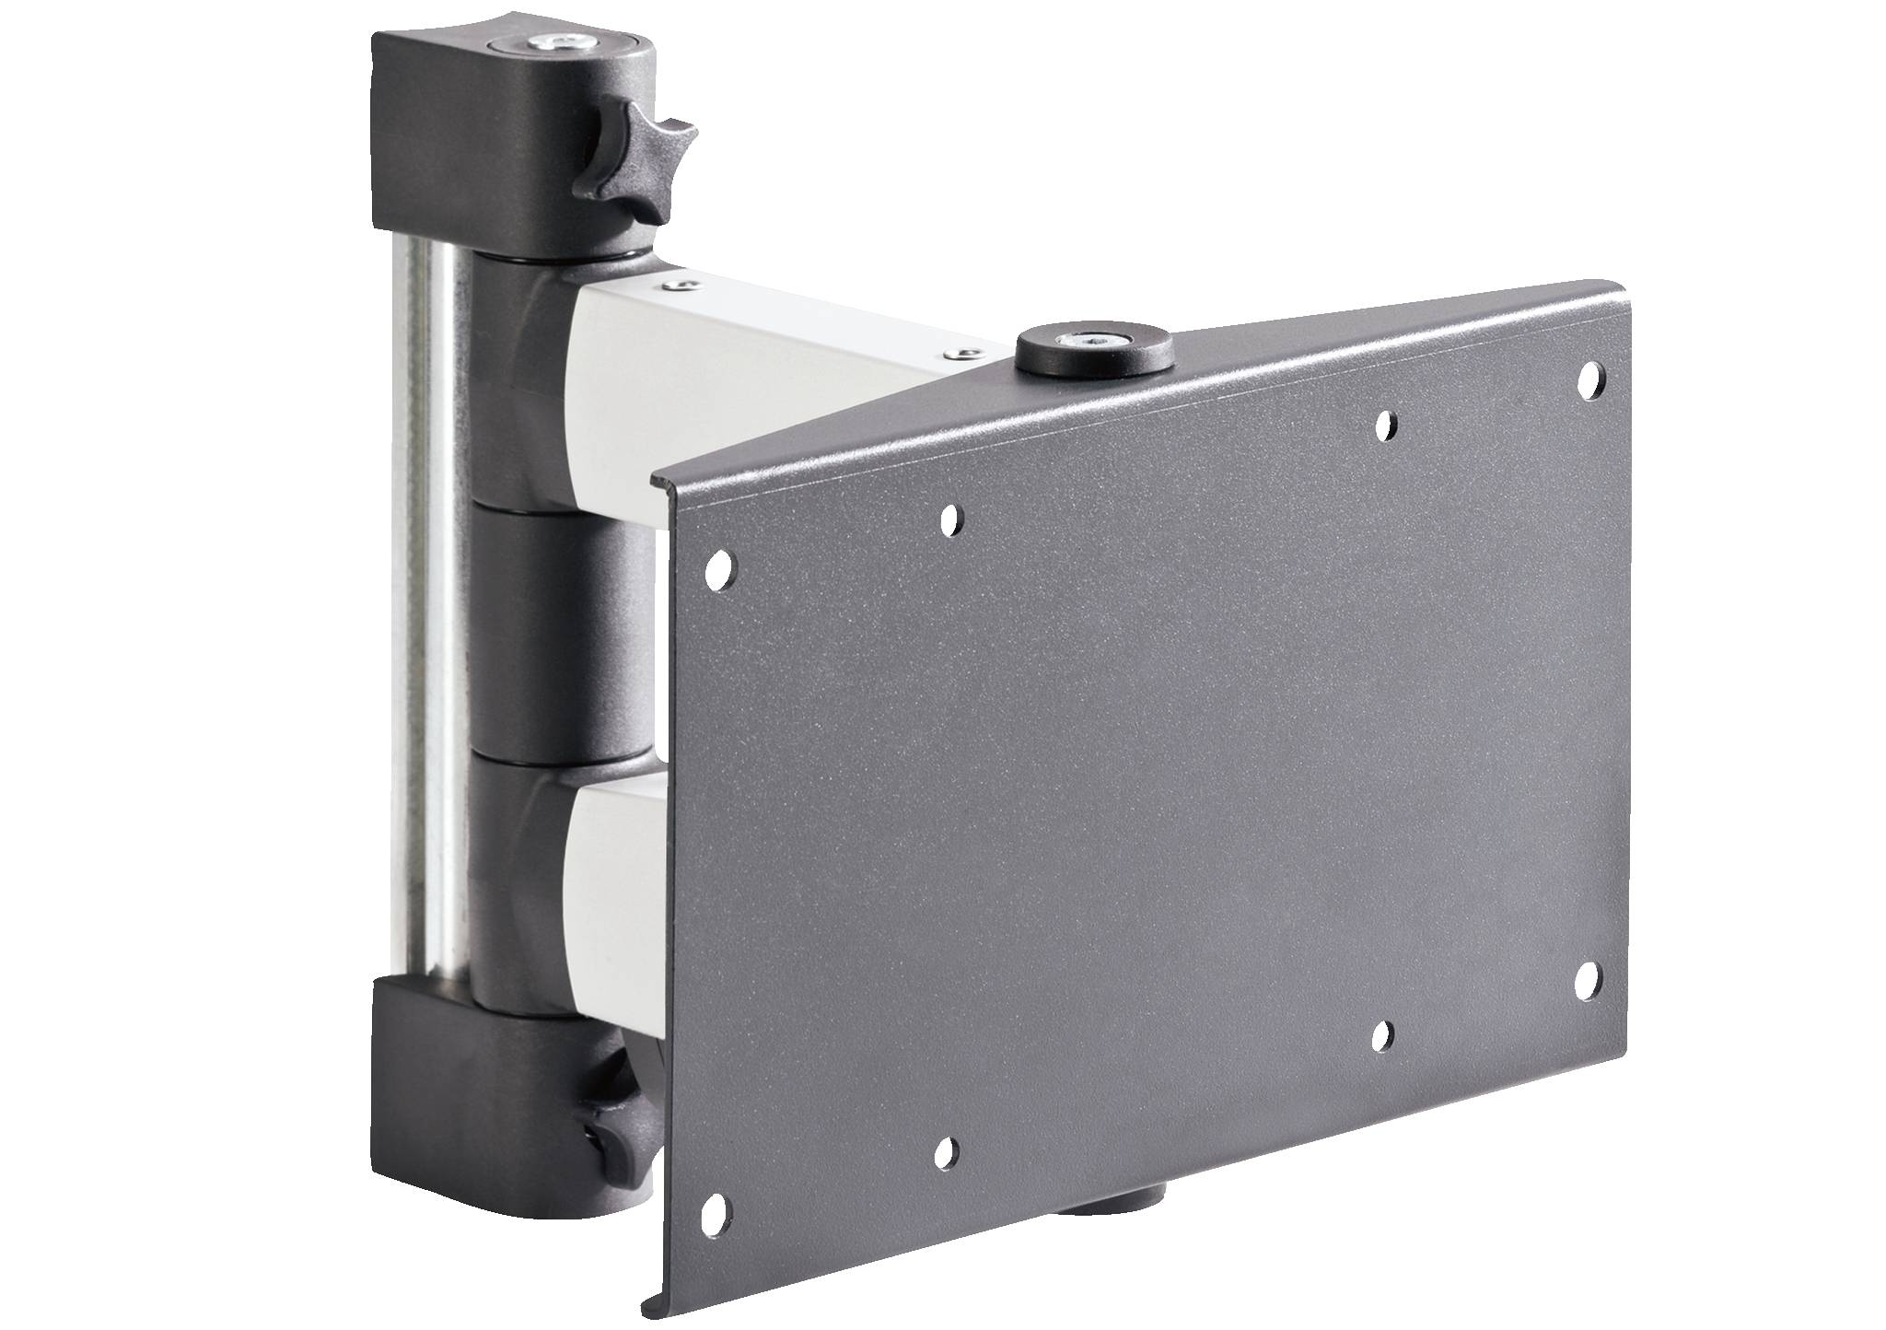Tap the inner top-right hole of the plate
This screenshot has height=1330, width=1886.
coord(1382,425)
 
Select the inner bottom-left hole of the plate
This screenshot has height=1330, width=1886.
coord(945,1149)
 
